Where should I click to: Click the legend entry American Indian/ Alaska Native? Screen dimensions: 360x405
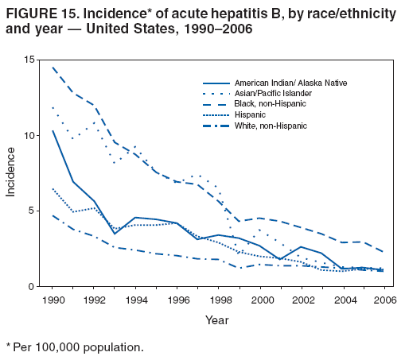click(x=290, y=83)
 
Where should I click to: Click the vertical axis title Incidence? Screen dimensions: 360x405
click(x=11, y=173)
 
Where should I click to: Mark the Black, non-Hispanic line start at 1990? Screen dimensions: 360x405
click(x=53, y=68)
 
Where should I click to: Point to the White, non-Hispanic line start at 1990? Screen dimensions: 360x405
click(x=53, y=215)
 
